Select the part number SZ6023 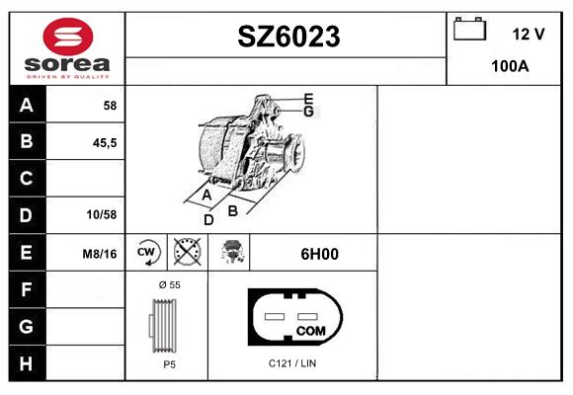(288, 37)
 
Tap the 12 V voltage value (529, 34)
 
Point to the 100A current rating (510, 66)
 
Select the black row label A (27, 105)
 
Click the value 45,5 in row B (104, 142)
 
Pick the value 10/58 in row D (102, 215)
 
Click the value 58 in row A (110, 105)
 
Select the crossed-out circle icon (185, 253)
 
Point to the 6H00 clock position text (319, 254)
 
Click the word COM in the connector (310, 330)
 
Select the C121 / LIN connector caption (292, 363)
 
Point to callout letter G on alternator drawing (308, 112)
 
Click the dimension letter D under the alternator (208, 219)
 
